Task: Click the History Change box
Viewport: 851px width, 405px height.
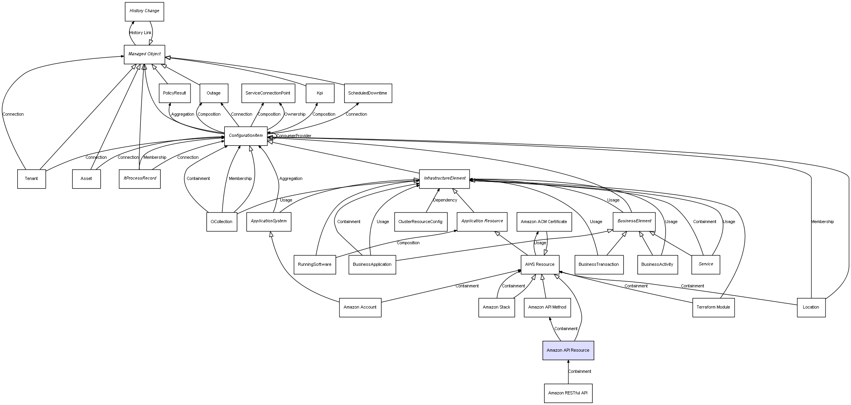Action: (144, 11)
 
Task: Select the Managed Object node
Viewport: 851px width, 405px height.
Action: (144, 54)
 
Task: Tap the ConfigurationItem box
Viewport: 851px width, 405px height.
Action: (246, 136)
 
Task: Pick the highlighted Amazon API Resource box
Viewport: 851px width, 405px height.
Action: (568, 350)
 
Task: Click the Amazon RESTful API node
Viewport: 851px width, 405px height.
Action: (568, 393)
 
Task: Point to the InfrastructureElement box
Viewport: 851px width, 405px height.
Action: (444, 179)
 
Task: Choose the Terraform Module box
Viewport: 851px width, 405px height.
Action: (713, 307)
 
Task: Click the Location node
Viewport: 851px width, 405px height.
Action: (811, 307)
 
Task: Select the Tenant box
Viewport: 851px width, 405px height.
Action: (31, 179)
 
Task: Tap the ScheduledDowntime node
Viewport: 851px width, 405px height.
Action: (368, 93)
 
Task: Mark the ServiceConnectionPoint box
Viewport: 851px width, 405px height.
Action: (268, 93)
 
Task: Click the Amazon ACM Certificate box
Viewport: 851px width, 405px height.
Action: (544, 222)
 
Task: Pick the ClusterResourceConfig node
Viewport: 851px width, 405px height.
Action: (420, 222)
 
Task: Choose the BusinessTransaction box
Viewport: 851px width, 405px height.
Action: (599, 265)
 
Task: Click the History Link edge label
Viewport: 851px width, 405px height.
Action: (140, 33)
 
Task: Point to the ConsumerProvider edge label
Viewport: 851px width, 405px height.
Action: (294, 136)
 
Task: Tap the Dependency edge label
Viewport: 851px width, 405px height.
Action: (445, 200)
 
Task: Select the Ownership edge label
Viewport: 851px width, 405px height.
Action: (295, 114)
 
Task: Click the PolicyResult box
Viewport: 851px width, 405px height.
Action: (174, 93)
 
